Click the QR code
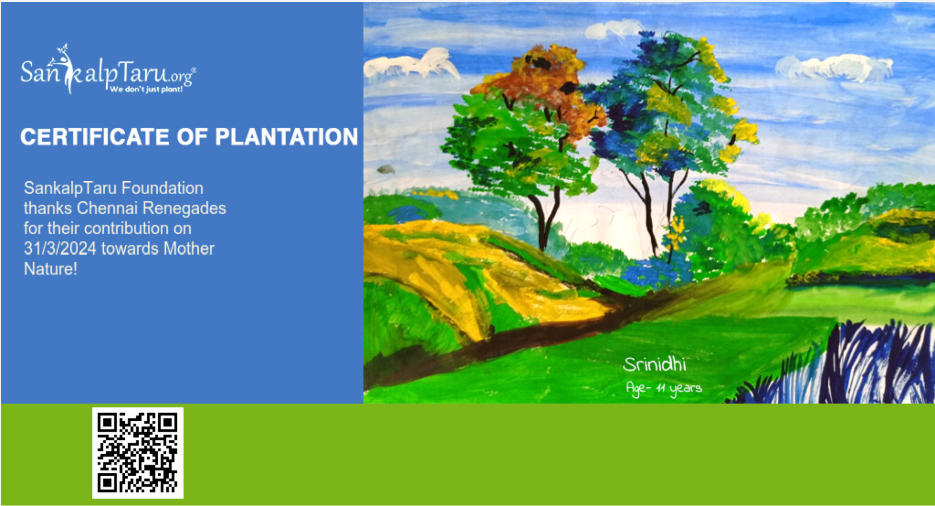click(x=138, y=453)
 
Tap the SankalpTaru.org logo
click(x=108, y=69)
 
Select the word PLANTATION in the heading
click(x=286, y=137)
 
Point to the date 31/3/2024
click(x=60, y=248)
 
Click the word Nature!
click(x=50, y=269)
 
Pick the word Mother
click(x=189, y=248)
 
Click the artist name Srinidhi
click(x=655, y=364)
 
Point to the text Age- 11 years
click(x=664, y=388)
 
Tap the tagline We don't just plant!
click(x=147, y=89)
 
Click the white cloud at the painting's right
click(x=833, y=68)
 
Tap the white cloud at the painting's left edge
click(x=410, y=65)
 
